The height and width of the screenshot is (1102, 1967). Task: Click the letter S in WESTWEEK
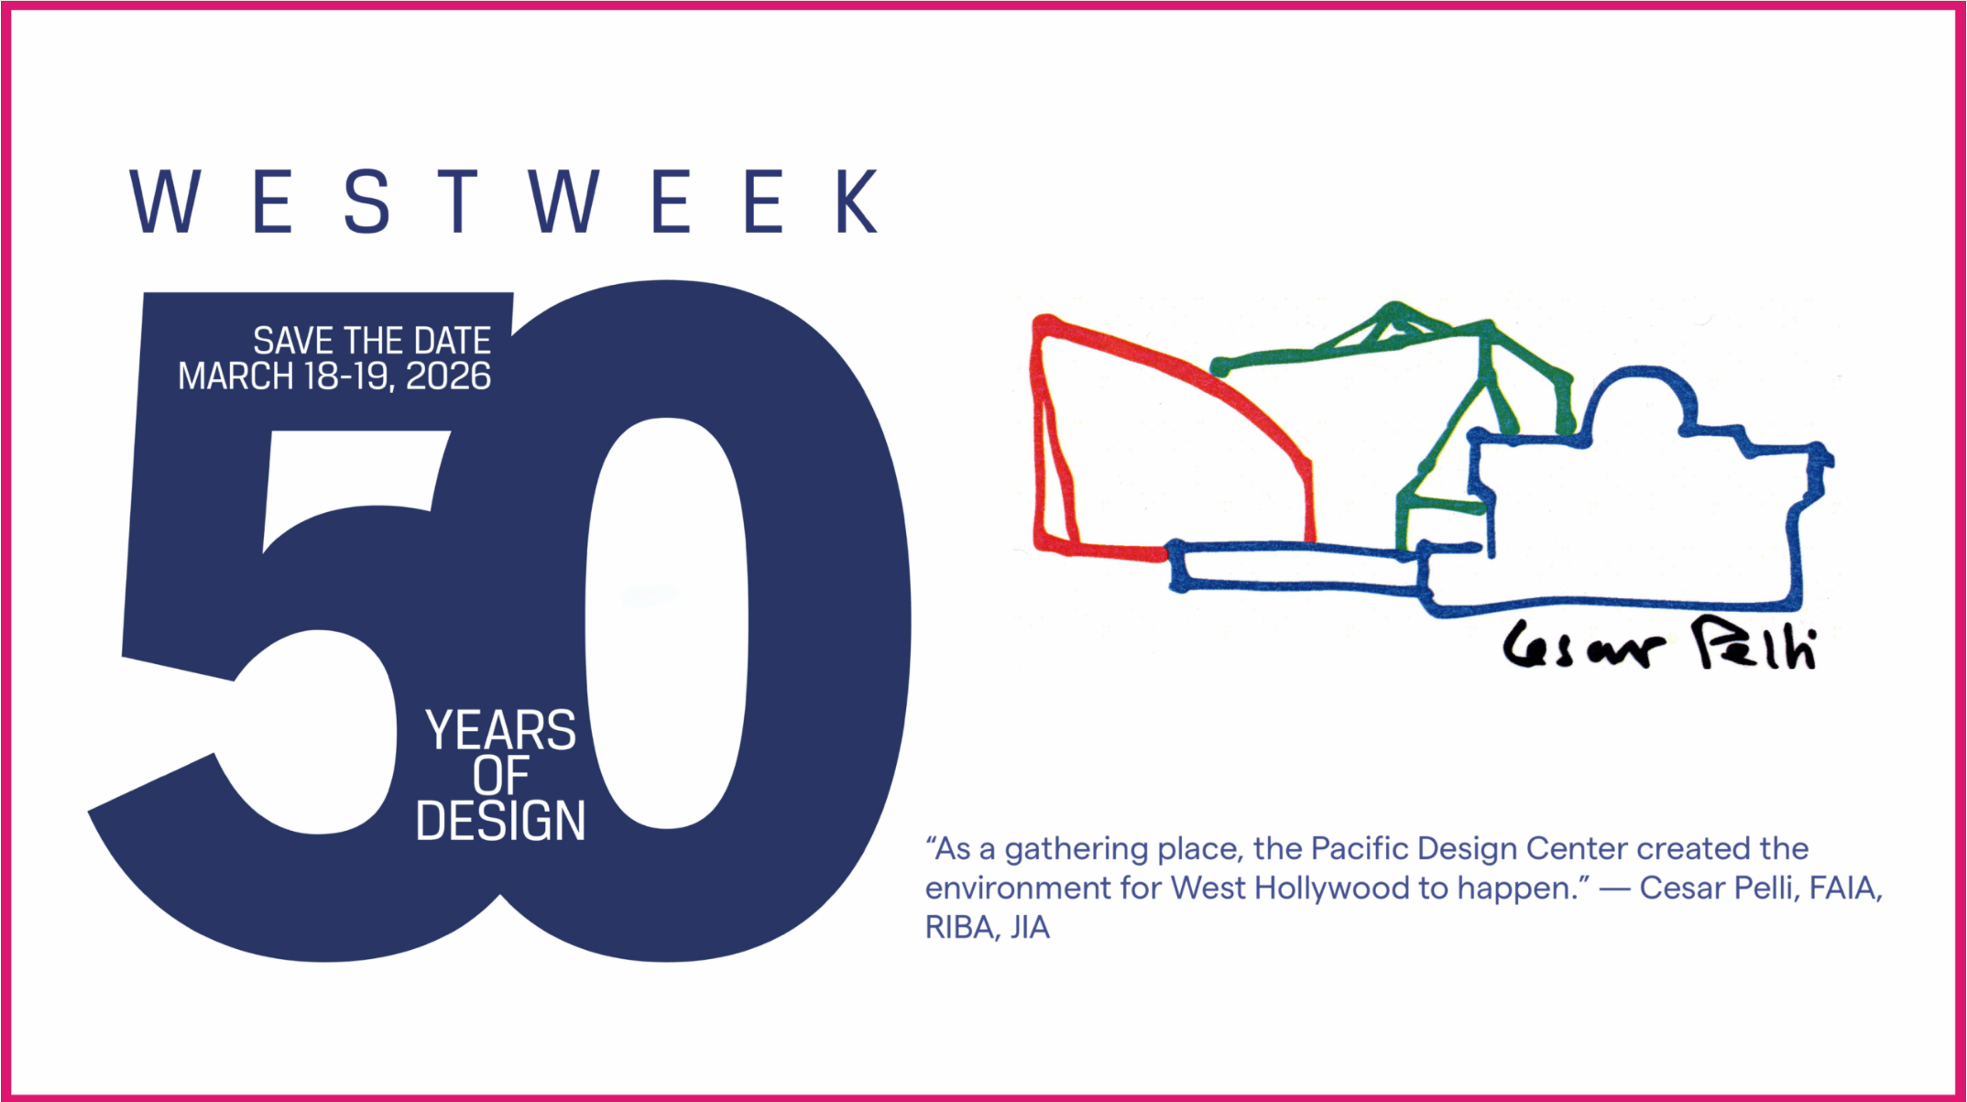(x=366, y=201)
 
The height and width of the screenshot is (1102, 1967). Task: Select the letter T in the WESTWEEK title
(x=458, y=201)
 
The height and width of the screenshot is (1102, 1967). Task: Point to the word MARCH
(x=235, y=376)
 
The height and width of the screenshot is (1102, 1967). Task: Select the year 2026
(x=448, y=376)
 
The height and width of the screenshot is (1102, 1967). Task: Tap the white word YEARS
(x=500, y=730)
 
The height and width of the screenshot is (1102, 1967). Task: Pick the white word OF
(x=500, y=775)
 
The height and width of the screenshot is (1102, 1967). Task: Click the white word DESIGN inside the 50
(x=500, y=820)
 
